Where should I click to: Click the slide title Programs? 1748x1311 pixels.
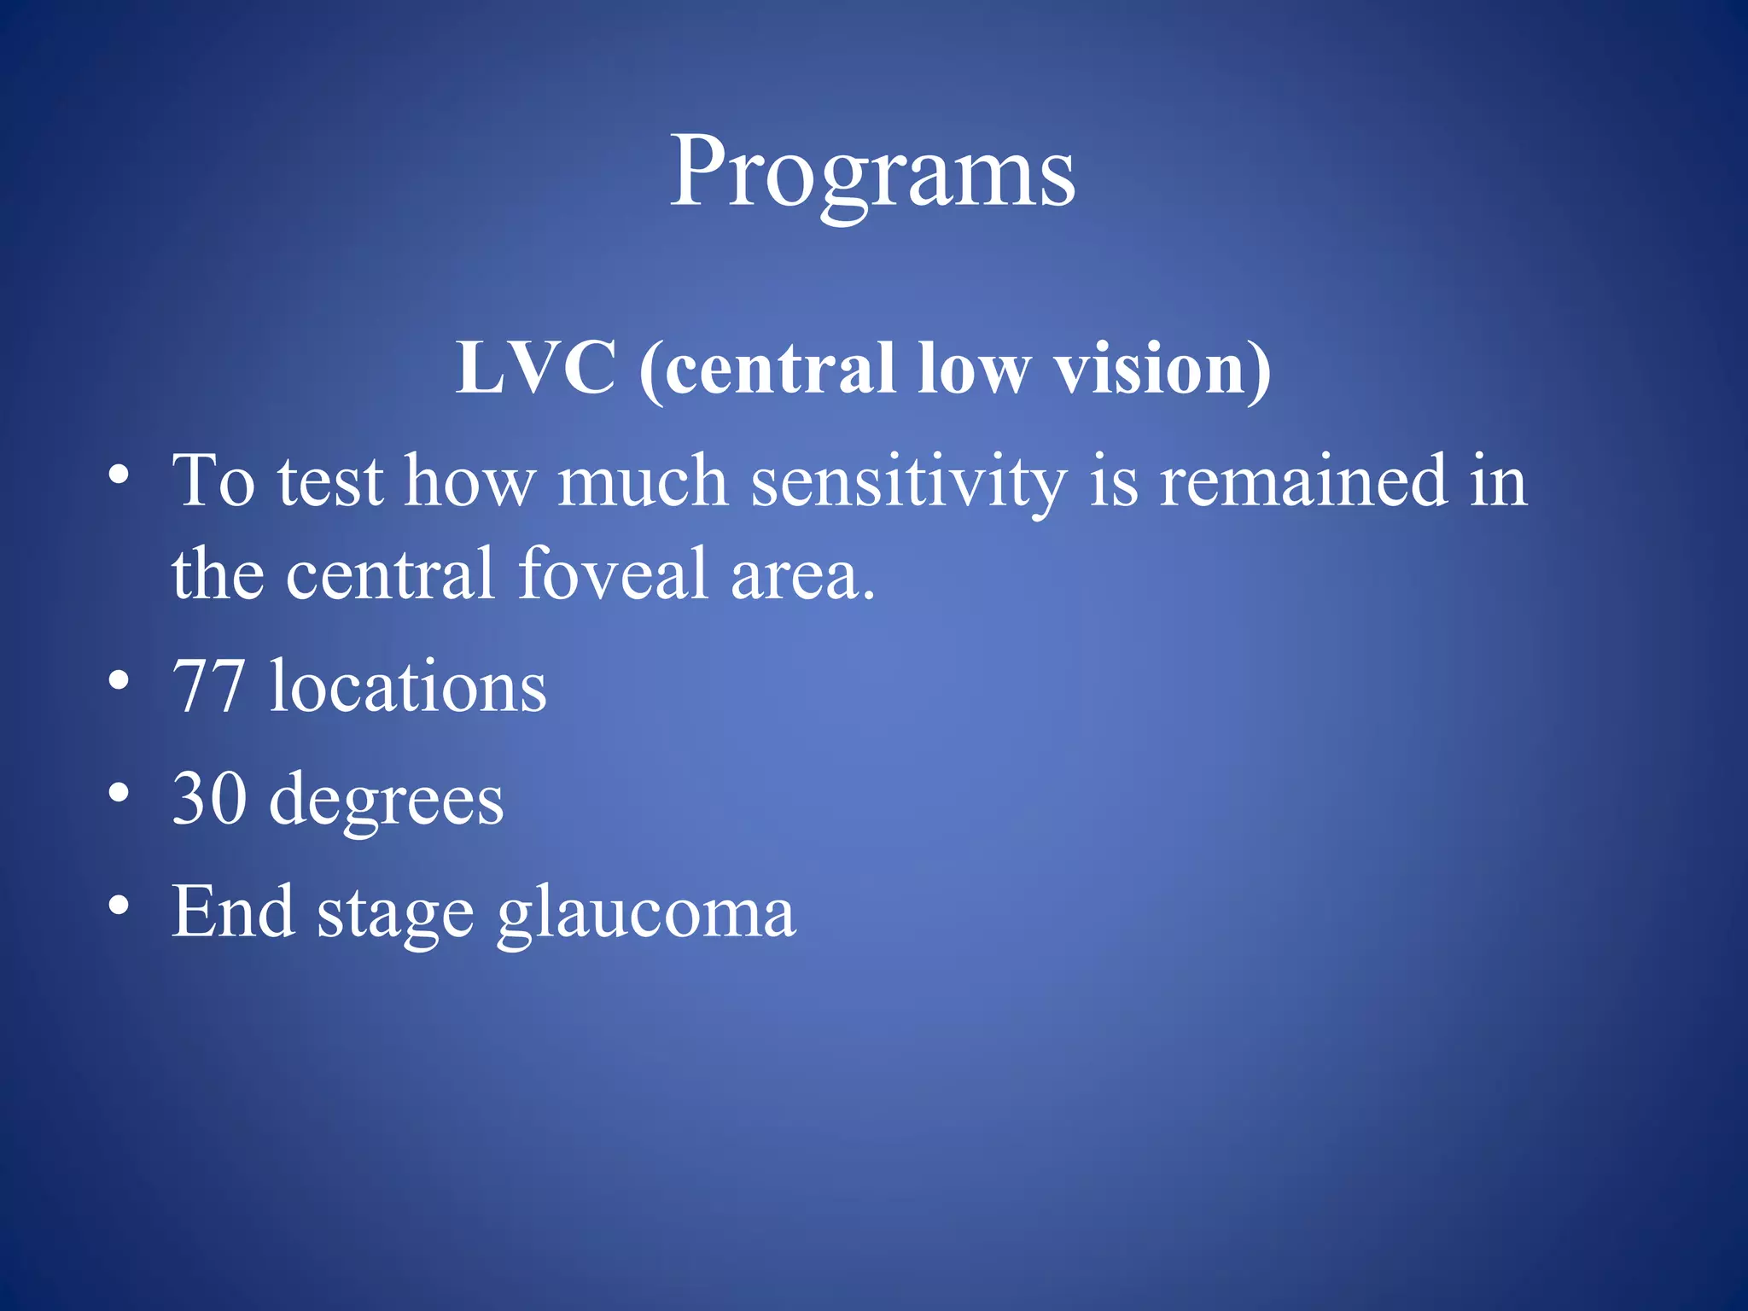pos(872,172)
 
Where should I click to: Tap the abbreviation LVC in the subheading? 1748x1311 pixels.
pos(535,368)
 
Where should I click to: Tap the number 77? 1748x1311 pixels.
pos(207,686)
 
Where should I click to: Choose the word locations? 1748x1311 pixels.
pos(408,686)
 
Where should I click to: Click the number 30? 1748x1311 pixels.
pos(208,799)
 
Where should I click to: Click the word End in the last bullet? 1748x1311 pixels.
pos(233,912)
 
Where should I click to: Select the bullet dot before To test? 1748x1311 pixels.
pos(119,475)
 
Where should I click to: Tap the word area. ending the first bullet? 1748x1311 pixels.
pos(803,574)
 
